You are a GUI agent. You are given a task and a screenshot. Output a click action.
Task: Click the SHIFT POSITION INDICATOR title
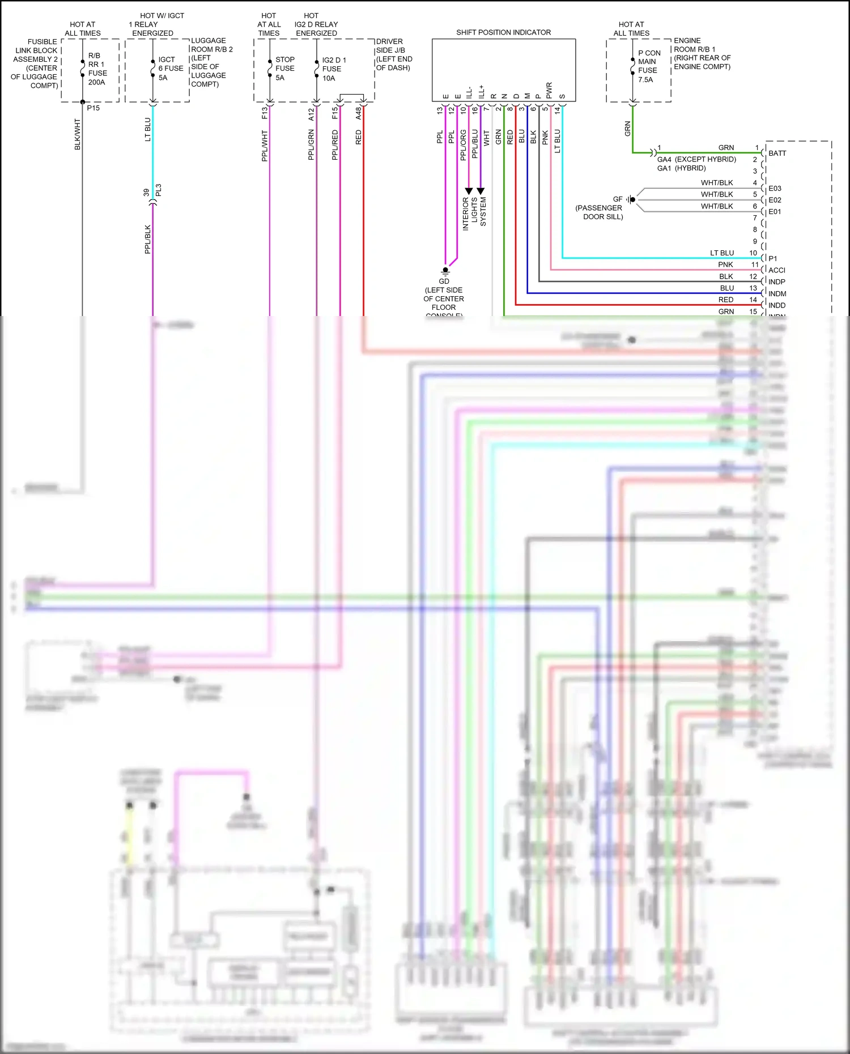(x=503, y=32)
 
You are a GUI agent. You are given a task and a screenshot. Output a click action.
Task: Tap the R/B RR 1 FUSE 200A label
(x=97, y=69)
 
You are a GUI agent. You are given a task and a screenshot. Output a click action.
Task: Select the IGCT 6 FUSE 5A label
(x=170, y=69)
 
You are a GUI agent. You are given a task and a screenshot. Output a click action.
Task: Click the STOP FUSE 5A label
(x=284, y=69)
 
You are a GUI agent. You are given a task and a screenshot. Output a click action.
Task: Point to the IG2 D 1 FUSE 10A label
(x=333, y=69)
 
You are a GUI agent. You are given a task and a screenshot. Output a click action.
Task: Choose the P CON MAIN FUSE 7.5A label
(x=648, y=66)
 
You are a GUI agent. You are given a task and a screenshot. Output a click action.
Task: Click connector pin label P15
(x=93, y=108)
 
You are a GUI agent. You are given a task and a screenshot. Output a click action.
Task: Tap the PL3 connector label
(x=159, y=190)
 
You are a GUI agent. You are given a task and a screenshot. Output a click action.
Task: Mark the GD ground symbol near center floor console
(x=445, y=271)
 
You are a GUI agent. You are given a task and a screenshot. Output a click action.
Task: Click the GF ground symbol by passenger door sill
(x=631, y=199)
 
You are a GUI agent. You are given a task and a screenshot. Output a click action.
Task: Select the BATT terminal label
(x=777, y=153)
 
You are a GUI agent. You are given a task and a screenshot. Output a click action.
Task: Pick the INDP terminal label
(x=776, y=282)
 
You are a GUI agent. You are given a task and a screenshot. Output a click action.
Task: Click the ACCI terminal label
(x=776, y=270)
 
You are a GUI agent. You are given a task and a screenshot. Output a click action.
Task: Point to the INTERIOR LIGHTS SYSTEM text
(x=474, y=213)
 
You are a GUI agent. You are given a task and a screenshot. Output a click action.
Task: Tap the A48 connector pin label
(x=358, y=113)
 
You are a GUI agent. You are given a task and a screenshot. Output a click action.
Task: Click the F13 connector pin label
(x=264, y=113)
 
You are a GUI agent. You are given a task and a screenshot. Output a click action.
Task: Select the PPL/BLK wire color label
(x=148, y=239)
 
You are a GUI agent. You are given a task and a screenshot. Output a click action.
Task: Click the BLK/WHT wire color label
(x=78, y=134)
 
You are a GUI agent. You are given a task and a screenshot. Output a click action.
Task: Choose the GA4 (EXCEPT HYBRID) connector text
(x=696, y=160)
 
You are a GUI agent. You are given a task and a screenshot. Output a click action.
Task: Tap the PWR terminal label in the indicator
(x=549, y=90)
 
